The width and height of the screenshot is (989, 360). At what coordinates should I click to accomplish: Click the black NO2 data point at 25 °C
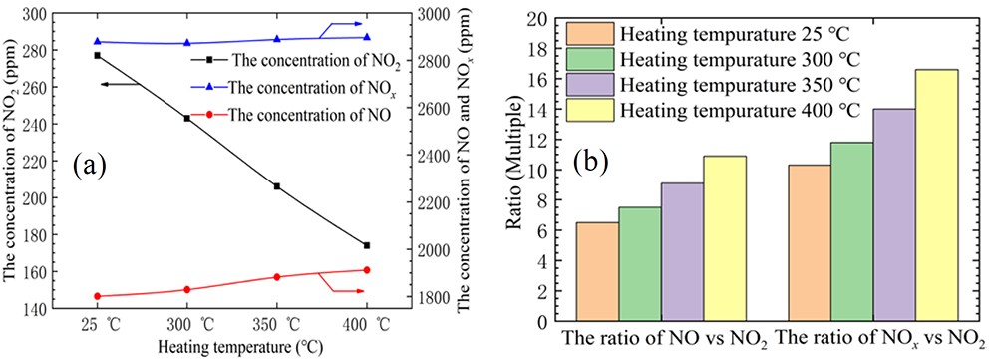click(x=97, y=55)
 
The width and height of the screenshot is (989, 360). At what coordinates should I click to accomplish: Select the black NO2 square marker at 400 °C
click(x=367, y=245)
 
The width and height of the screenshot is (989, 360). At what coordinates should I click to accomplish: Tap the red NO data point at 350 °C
click(x=277, y=277)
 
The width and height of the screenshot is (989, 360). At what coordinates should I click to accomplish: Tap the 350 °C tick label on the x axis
click(x=278, y=325)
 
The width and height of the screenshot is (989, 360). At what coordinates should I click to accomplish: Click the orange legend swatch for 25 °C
click(x=589, y=33)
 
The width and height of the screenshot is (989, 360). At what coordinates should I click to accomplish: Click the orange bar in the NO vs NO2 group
click(x=597, y=271)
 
